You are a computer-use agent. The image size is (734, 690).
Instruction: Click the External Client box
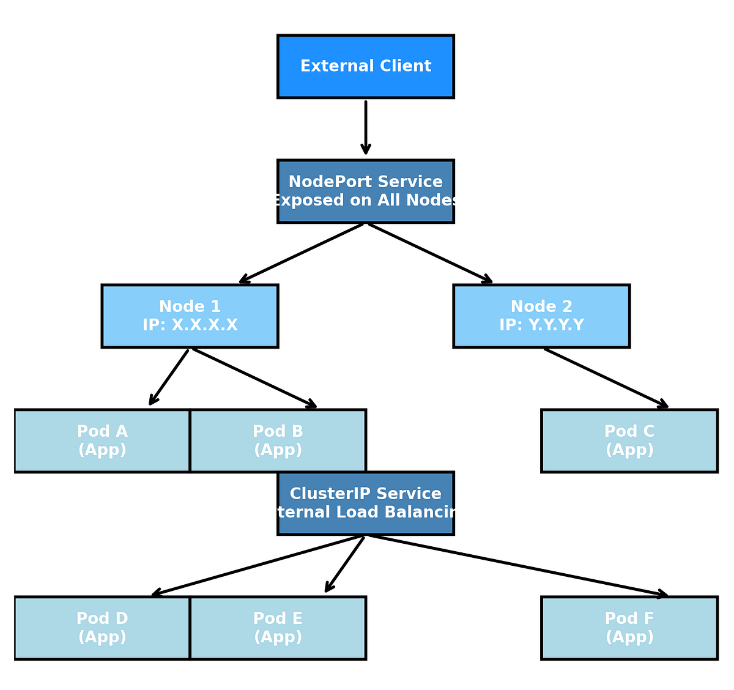[365, 66]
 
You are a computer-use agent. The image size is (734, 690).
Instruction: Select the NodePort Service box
[365, 191]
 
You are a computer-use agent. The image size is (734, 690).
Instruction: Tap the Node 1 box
[190, 316]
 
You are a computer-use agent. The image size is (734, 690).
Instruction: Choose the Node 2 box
[541, 316]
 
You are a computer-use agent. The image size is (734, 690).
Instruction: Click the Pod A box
[102, 440]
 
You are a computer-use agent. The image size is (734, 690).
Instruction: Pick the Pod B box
[278, 440]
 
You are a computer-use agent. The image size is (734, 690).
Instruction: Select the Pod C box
[629, 440]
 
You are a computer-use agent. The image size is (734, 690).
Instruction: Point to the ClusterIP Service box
[365, 503]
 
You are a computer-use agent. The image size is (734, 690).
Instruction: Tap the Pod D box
[102, 628]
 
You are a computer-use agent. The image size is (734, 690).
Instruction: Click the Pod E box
[278, 628]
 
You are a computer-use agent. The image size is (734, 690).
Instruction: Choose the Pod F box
[629, 628]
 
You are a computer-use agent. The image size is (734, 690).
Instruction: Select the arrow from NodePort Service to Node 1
[302, 253]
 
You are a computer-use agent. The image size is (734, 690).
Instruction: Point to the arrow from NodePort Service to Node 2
[429, 253]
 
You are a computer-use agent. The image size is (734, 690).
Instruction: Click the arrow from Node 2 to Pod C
[606, 378]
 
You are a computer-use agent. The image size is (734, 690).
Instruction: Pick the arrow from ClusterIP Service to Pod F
[517, 565]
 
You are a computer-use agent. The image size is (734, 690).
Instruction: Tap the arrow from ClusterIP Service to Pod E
[345, 564]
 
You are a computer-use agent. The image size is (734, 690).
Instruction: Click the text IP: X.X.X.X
[190, 325]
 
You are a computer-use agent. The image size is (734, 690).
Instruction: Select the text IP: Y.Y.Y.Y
[541, 325]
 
